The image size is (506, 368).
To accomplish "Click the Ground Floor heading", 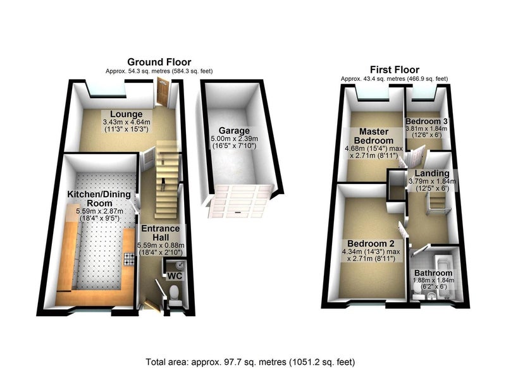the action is pyautogui.click(x=159, y=62).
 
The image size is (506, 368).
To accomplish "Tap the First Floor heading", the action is pyautogui.click(x=394, y=70).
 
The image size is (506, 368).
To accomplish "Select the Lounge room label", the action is pyautogui.click(x=126, y=114).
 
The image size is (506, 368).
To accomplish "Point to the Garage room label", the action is pyautogui.click(x=234, y=131).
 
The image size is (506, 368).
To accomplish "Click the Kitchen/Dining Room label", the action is pyautogui.click(x=99, y=199).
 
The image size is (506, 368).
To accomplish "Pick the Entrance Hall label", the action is pyautogui.click(x=161, y=233).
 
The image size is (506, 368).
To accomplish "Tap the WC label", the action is pyautogui.click(x=175, y=276).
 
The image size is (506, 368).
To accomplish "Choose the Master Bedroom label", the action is pyautogui.click(x=374, y=136).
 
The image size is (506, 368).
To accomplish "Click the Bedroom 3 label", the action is pyautogui.click(x=426, y=121).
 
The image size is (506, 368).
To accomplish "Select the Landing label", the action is pyautogui.click(x=432, y=173).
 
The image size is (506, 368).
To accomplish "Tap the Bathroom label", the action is pyautogui.click(x=433, y=273).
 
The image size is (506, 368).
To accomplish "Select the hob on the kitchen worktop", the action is pyautogui.click(x=129, y=259).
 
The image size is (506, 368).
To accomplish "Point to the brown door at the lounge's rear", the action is pyautogui.click(x=162, y=92).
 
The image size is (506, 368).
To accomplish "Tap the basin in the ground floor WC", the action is pyautogui.click(x=180, y=265).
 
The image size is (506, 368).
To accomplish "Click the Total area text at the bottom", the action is pyautogui.click(x=250, y=362).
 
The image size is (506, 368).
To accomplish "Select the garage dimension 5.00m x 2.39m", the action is pyautogui.click(x=234, y=138).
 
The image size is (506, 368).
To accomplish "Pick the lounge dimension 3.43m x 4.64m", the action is pyautogui.click(x=126, y=122).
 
